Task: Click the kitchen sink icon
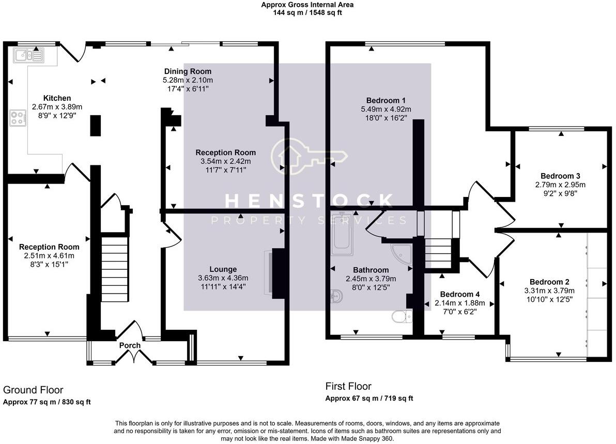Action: pyautogui.click(x=28, y=55)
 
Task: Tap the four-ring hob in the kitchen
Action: pyautogui.click(x=18, y=118)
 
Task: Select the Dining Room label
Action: pyautogui.click(x=188, y=71)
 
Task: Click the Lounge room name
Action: pyautogui.click(x=223, y=269)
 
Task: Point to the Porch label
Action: pyautogui.click(x=130, y=345)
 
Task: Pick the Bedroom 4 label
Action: pyautogui.click(x=459, y=294)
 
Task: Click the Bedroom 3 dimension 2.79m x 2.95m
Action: pyautogui.click(x=560, y=185)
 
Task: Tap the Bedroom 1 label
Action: pyautogui.click(x=386, y=100)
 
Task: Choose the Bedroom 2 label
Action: pyautogui.click(x=549, y=282)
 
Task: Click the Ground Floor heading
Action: pyautogui.click(x=33, y=390)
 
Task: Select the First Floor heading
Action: pyautogui.click(x=348, y=386)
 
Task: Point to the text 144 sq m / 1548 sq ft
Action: pyautogui.click(x=307, y=12)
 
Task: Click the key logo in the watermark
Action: pyautogui.click(x=309, y=157)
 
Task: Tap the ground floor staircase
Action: pyautogui.click(x=115, y=268)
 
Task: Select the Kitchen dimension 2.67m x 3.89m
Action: pyautogui.click(x=57, y=107)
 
